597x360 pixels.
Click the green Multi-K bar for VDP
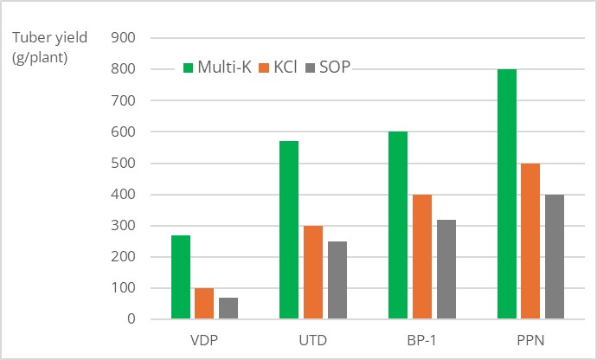181,277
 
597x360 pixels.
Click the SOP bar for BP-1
446,269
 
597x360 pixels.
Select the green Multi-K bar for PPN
507,194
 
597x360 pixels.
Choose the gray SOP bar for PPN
554,257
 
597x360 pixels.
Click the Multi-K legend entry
217,67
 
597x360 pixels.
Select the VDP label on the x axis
203,339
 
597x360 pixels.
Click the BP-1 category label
421,339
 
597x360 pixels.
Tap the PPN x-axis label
530,339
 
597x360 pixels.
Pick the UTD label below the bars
312,339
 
